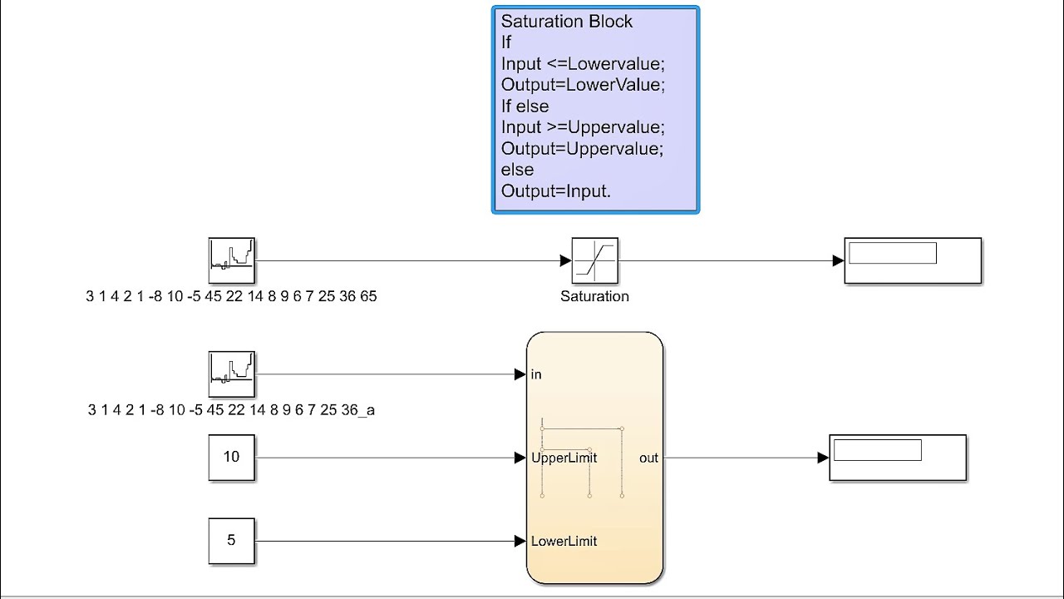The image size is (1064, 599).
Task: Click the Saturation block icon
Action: pyautogui.click(x=594, y=261)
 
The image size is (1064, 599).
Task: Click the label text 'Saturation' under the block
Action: pyautogui.click(x=594, y=296)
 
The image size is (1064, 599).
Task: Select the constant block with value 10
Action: pyautogui.click(x=231, y=457)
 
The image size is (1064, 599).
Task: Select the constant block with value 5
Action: pyautogui.click(x=231, y=541)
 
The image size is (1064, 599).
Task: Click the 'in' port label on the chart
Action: pyautogui.click(x=536, y=374)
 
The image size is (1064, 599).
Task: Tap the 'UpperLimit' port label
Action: pyautogui.click(x=564, y=458)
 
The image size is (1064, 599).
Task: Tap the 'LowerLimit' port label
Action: pyautogui.click(x=564, y=542)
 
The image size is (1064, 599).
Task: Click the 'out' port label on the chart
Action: pyautogui.click(x=648, y=458)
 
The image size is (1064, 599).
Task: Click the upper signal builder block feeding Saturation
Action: pyautogui.click(x=231, y=260)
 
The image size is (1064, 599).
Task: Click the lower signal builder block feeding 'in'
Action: pyautogui.click(x=231, y=374)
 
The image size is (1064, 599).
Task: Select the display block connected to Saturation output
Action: pyautogui.click(x=913, y=260)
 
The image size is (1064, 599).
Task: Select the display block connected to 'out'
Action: pyautogui.click(x=898, y=457)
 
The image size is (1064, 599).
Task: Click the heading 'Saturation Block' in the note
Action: pyautogui.click(x=566, y=22)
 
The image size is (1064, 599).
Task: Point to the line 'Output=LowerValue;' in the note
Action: pyautogui.click(x=583, y=85)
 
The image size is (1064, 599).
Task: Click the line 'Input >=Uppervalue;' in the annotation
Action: pyautogui.click(x=583, y=127)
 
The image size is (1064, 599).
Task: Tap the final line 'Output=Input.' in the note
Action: pyautogui.click(x=555, y=191)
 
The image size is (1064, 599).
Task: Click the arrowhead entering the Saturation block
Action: pyautogui.click(x=566, y=261)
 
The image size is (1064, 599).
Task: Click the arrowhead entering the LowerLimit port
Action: pyautogui.click(x=520, y=542)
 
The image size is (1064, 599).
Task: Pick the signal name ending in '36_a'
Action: pyautogui.click(x=231, y=409)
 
